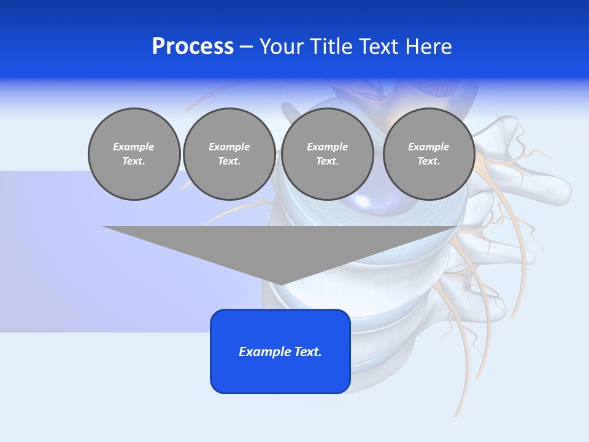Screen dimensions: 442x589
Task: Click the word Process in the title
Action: (193, 47)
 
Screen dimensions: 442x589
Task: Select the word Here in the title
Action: (429, 47)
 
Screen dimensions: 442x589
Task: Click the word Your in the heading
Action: (282, 47)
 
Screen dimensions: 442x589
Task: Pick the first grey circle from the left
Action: (134, 154)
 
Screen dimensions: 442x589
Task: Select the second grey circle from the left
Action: (229, 154)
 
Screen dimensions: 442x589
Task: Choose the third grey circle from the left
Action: (327, 154)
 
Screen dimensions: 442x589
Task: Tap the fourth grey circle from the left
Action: (428, 154)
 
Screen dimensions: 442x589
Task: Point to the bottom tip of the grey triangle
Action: (280, 285)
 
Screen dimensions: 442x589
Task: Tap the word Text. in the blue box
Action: (307, 352)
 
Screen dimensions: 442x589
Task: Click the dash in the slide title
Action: (246, 47)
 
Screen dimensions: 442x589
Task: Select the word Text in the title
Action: (375, 47)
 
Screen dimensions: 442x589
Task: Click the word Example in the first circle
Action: (134, 147)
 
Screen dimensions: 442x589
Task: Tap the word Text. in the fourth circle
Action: (428, 161)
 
